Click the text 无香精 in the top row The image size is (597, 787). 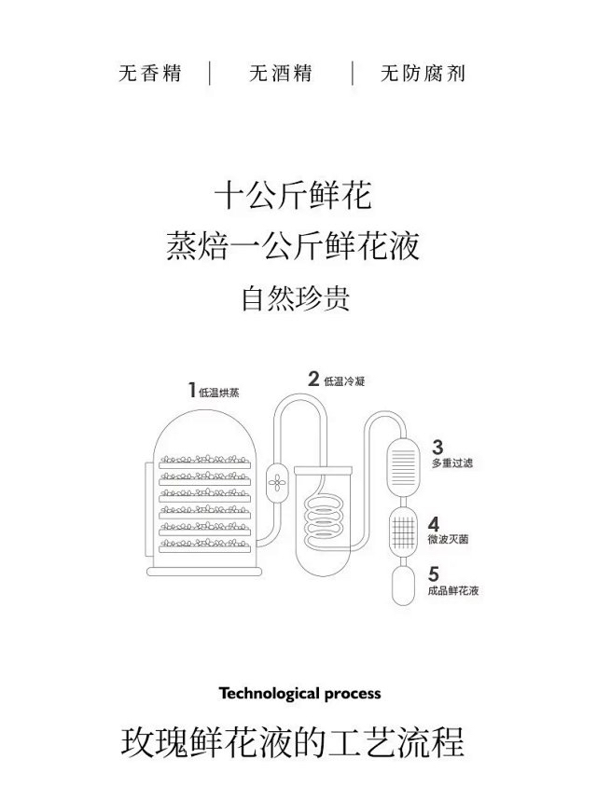(x=148, y=74)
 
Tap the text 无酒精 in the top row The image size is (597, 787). (x=280, y=74)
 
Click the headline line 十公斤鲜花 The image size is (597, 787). (x=293, y=197)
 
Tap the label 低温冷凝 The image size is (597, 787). (x=344, y=380)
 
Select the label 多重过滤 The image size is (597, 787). (x=451, y=463)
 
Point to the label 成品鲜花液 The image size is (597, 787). (x=456, y=591)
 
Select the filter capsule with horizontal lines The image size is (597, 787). (x=404, y=461)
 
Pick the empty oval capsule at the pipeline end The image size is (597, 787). (x=404, y=587)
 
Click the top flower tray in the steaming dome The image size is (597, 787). (x=206, y=461)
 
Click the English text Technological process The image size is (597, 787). (x=299, y=694)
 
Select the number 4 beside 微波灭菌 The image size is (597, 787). (x=434, y=523)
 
